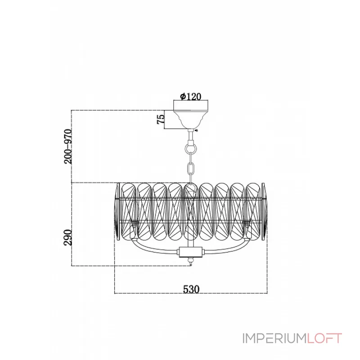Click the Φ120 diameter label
(x=190, y=96)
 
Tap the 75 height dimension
(x=161, y=119)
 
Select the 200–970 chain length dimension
(x=68, y=146)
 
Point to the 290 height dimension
(x=68, y=237)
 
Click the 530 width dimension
(x=191, y=289)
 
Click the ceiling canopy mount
(x=190, y=114)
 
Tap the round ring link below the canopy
(x=190, y=149)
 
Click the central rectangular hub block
(x=191, y=252)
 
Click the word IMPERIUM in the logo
(x=274, y=338)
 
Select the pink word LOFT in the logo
(x=324, y=338)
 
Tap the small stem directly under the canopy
(x=190, y=136)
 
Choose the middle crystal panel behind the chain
(x=190, y=211)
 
